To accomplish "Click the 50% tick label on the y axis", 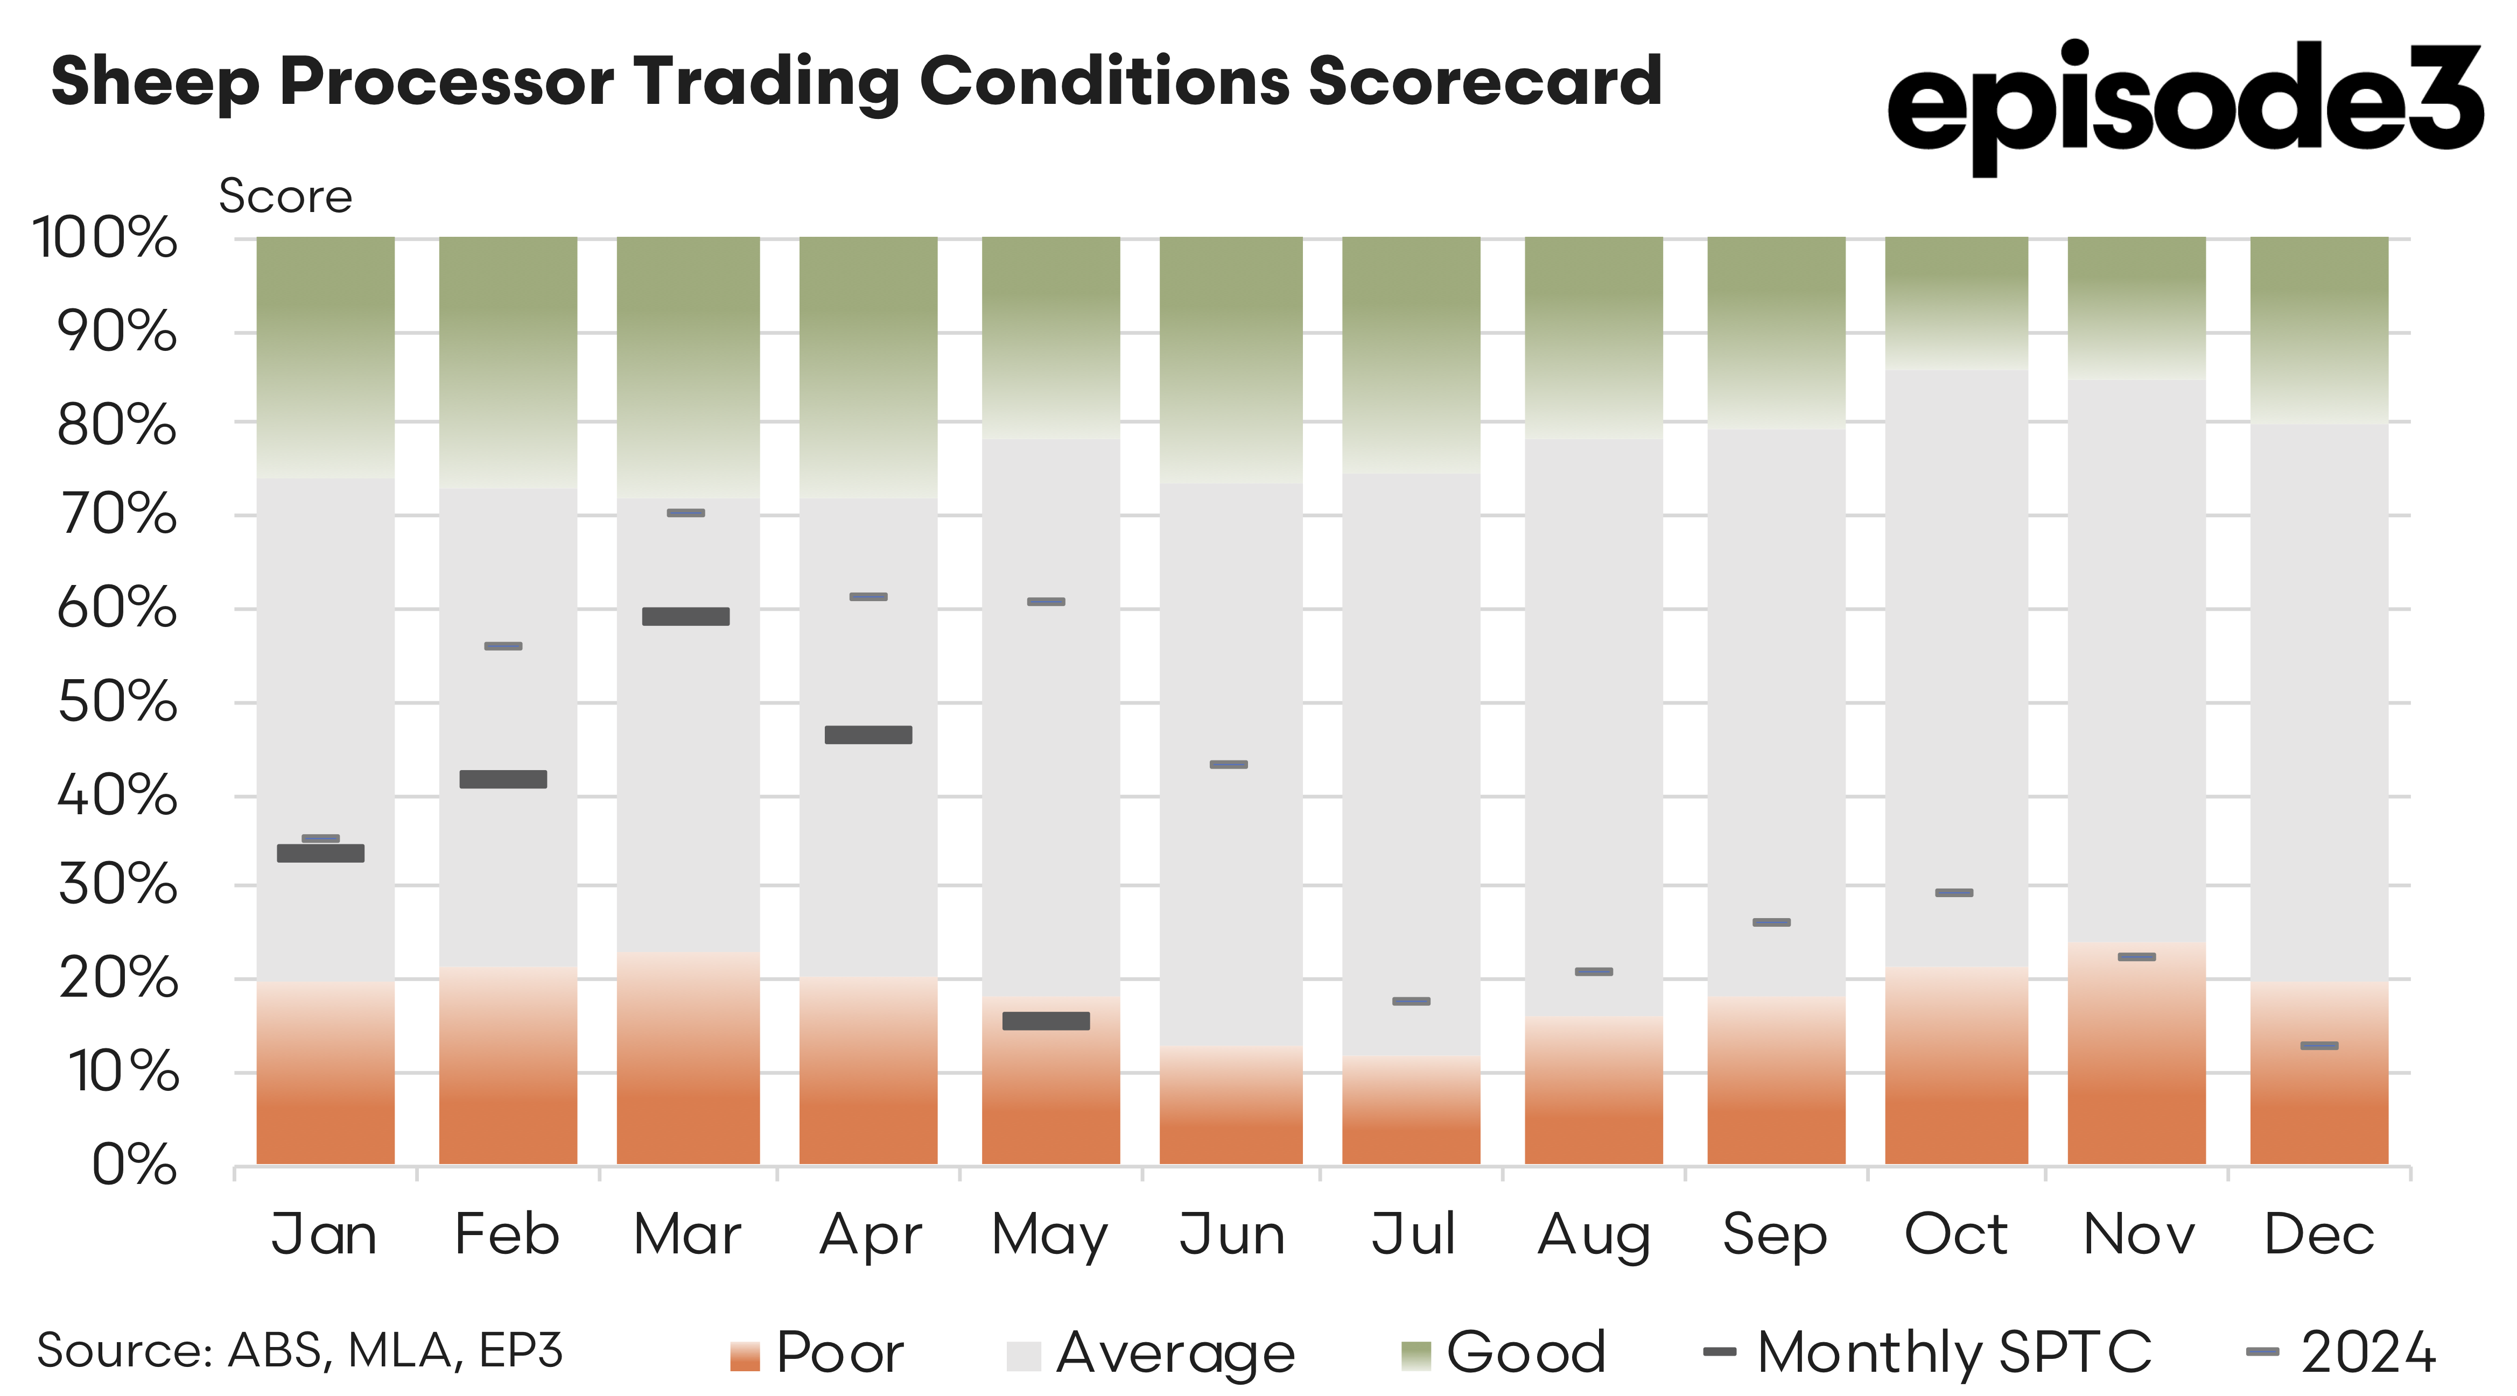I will pos(117,702).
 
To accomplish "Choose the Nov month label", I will pos(2139,1235).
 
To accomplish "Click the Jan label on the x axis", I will pos(324,1235).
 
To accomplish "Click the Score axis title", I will pos(285,196).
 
